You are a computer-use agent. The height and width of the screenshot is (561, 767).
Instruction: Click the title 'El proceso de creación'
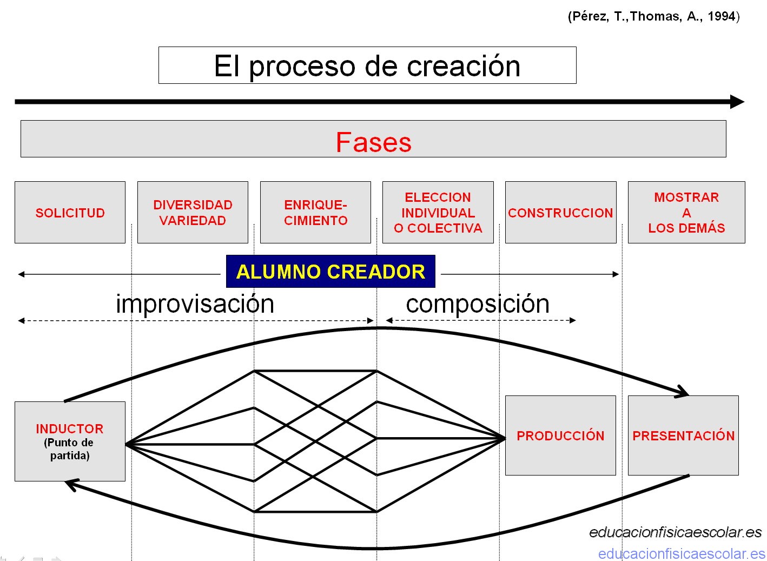pos(367,66)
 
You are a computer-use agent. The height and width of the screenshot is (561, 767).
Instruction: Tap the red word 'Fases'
pos(374,142)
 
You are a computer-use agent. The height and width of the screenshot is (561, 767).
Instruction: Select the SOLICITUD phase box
pos(70,213)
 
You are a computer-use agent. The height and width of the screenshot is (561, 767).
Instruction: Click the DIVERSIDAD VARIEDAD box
pos(193,213)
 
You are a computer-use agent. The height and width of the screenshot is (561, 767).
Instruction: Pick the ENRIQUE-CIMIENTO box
pos(315,213)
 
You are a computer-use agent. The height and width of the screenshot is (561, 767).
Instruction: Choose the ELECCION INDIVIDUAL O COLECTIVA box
pos(438,213)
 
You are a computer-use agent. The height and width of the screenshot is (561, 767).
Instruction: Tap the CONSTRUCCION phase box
pos(561,213)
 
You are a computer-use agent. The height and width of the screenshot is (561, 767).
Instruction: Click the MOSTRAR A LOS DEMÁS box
pos(686,213)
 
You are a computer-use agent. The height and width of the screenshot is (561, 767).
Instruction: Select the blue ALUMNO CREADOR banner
pos(331,271)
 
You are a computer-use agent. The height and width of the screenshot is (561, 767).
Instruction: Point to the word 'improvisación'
pos(195,304)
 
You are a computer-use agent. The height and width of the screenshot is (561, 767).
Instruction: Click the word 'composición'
pos(478,305)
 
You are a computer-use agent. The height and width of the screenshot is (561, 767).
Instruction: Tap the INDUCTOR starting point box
pos(70,441)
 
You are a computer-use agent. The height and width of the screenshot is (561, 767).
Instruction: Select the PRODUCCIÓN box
pos(560,435)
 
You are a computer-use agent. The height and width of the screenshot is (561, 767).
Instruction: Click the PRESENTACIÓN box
pos(683,435)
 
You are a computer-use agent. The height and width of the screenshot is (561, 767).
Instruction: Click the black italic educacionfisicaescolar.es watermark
pos(675,532)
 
